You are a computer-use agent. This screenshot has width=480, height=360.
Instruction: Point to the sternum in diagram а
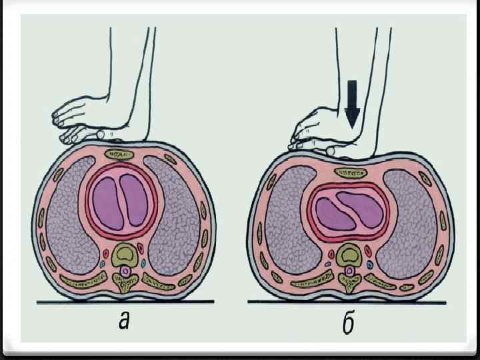pyautogui.click(x=121, y=155)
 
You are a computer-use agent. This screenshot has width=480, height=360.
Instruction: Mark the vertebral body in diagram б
pyautogui.click(x=349, y=254)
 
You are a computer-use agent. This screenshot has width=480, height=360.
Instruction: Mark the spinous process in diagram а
pyautogui.click(x=123, y=287)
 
